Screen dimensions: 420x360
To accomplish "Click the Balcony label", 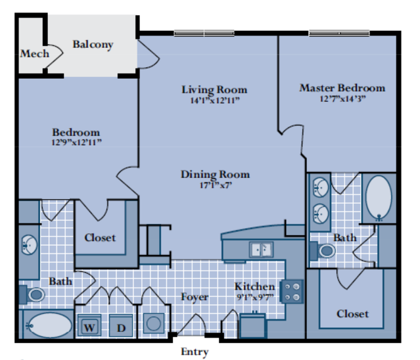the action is click(x=93, y=45).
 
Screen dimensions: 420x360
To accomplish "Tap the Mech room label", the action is click(x=35, y=53).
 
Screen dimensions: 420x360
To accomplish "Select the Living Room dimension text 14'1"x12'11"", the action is click(x=214, y=101).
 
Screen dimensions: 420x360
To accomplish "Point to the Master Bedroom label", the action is click(x=342, y=88).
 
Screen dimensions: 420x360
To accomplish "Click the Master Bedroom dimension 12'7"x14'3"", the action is click(x=342, y=99).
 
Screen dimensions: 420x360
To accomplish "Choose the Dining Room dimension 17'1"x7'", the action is click(x=216, y=185).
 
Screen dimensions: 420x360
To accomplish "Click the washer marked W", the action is click(x=89, y=325).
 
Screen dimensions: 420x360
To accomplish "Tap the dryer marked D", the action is click(x=121, y=325).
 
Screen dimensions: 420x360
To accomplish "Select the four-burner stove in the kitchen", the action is click(x=292, y=292).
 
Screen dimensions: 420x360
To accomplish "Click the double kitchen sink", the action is click(x=261, y=250).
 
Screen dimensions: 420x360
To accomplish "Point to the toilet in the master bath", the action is click(x=323, y=251).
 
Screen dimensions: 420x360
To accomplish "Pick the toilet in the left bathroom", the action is click(x=32, y=294).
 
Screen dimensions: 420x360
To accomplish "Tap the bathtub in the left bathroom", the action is click(x=49, y=325).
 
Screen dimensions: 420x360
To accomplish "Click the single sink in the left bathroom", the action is click(x=29, y=245).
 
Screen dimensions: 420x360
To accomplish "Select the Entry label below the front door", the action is click(x=195, y=351).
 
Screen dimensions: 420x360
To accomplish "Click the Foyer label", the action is click(x=195, y=297).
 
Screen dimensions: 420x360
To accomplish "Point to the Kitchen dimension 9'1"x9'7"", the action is click(x=255, y=297).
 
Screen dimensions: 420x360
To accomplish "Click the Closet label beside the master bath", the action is click(x=352, y=314).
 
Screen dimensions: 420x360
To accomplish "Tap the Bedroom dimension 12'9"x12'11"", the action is click(x=76, y=142).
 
